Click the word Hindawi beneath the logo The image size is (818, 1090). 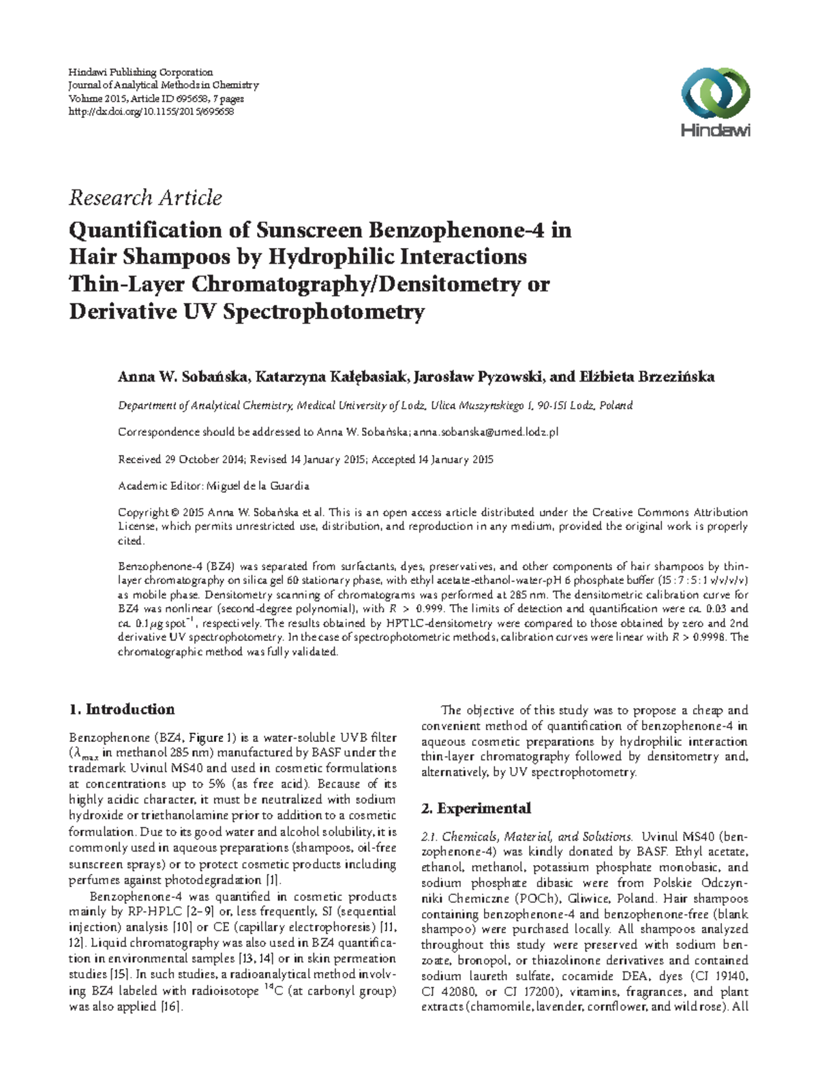pos(715,131)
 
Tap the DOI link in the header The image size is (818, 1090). pos(151,111)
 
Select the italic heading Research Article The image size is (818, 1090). pos(145,198)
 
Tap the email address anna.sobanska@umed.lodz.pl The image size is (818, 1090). pos(486,432)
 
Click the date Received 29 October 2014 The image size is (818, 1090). pos(181,459)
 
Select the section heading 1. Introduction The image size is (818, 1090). pos(122,709)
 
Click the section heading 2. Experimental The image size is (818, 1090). pos(476,809)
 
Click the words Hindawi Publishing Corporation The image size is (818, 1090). pos(141,72)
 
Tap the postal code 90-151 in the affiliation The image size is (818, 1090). pos(549,405)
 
